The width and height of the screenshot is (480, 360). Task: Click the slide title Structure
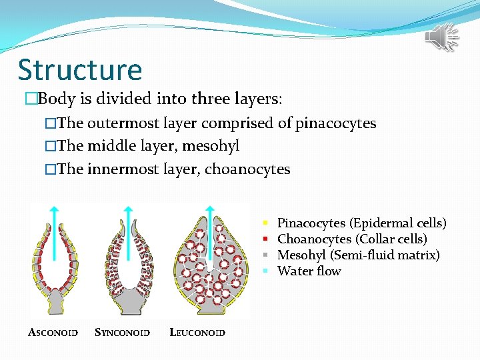pyautogui.click(x=80, y=70)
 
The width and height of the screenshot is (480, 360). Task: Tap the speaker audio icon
pyautogui.click(x=442, y=37)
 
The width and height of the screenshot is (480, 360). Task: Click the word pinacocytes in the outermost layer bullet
pyautogui.click(x=336, y=123)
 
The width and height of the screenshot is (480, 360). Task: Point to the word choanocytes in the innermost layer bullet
pyautogui.click(x=247, y=169)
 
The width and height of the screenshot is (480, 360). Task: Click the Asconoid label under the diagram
pyautogui.click(x=53, y=332)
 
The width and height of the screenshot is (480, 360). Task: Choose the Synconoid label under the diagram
pyautogui.click(x=123, y=332)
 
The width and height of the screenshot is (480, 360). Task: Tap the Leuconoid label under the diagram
pyautogui.click(x=198, y=332)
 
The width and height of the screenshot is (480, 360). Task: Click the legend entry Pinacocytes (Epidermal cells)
pyautogui.click(x=361, y=223)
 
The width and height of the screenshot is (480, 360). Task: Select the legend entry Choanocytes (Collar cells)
pyautogui.click(x=352, y=239)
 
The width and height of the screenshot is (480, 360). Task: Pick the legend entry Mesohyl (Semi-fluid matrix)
pyautogui.click(x=358, y=255)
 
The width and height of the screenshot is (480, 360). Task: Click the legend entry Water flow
pyautogui.click(x=309, y=271)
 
